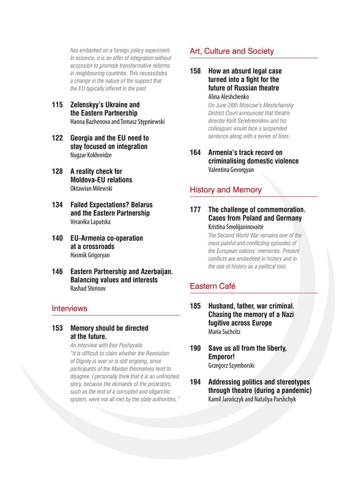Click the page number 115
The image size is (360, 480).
point(57,105)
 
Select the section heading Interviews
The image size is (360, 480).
point(69,308)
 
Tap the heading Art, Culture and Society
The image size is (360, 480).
point(232,51)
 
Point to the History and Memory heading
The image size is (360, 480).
point(225,190)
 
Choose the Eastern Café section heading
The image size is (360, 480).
point(212,286)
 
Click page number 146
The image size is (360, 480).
point(57,271)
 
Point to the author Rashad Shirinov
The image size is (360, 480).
point(88,288)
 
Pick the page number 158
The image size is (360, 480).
point(195,71)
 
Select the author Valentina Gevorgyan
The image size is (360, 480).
point(231,170)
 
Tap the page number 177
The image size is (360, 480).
point(195,210)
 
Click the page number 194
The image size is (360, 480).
point(195,382)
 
